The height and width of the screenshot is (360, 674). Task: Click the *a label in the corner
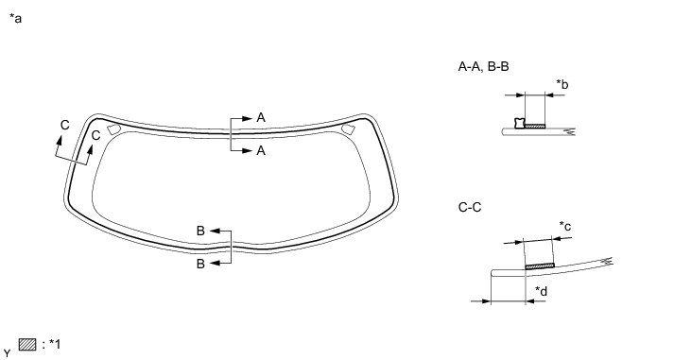[x=15, y=19]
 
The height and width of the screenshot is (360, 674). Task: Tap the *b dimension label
[x=562, y=84]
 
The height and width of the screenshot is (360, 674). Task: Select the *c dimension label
[x=565, y=226]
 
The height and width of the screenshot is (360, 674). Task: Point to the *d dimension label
[x=541, y=291]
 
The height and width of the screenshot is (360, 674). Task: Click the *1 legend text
[x=55, y=344]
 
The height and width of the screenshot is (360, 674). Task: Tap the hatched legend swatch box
[x=27, y=345]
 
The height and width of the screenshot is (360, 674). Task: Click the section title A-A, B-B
[x=484, y=66]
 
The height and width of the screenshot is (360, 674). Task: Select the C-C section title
[x=470, y=208]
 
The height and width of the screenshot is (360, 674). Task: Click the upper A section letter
[x=261, y=117]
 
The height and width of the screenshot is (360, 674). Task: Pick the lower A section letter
[x=261, y=151]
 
